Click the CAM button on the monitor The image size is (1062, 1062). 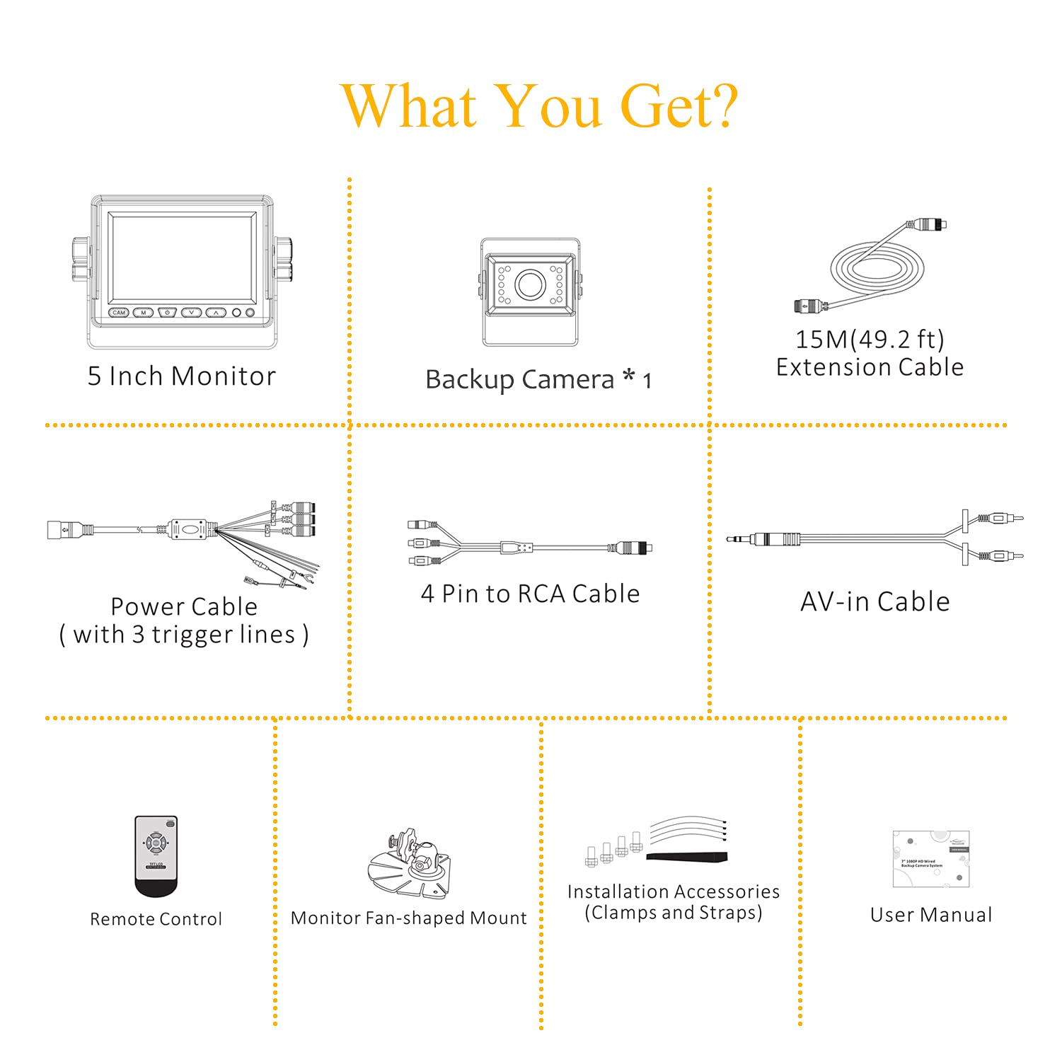(x=119, y=312)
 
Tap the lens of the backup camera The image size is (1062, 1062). (x=529, y=284)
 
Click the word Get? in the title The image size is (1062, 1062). (x=679, y=106)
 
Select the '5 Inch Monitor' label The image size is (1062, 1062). (x=182, y=376)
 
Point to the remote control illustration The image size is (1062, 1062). (x=156, y=856)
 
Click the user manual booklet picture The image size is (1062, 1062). (x=930, y=859)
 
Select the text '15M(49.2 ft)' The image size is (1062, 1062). (x=870, y=340)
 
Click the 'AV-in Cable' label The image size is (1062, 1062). (x=875, y=601)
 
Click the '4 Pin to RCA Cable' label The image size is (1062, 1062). (x=530, y=594)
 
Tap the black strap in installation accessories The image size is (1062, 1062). (x=686, y=857)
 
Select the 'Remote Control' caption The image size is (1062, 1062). (x=156, y=919)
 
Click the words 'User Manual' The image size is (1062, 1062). (x=931, y=915)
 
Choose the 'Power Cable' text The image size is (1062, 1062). (x=184, y=606)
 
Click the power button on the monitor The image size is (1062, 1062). (x=167, y=312)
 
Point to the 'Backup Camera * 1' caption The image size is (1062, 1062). (x=538, y=380)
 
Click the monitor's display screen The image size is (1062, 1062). (x=182, y=258)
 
